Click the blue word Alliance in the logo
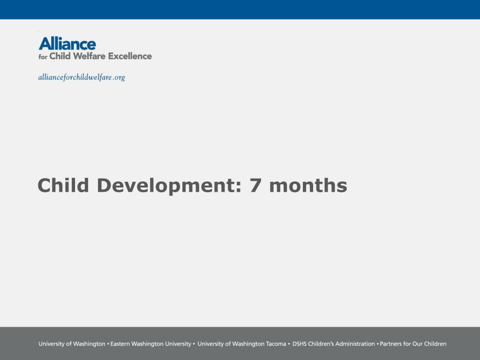click(67, 44)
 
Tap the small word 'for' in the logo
click(43, 57)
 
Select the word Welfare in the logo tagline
click(89, 56)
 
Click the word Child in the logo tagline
click(60, 56)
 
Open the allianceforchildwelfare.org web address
click(82, 77)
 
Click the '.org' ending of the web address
click(119, 78)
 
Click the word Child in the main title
click(63, 185)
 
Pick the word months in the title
click(308, 185)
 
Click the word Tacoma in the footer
click(276, 344)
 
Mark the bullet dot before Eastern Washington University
click(108, 344)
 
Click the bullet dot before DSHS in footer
click(289, 344)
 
